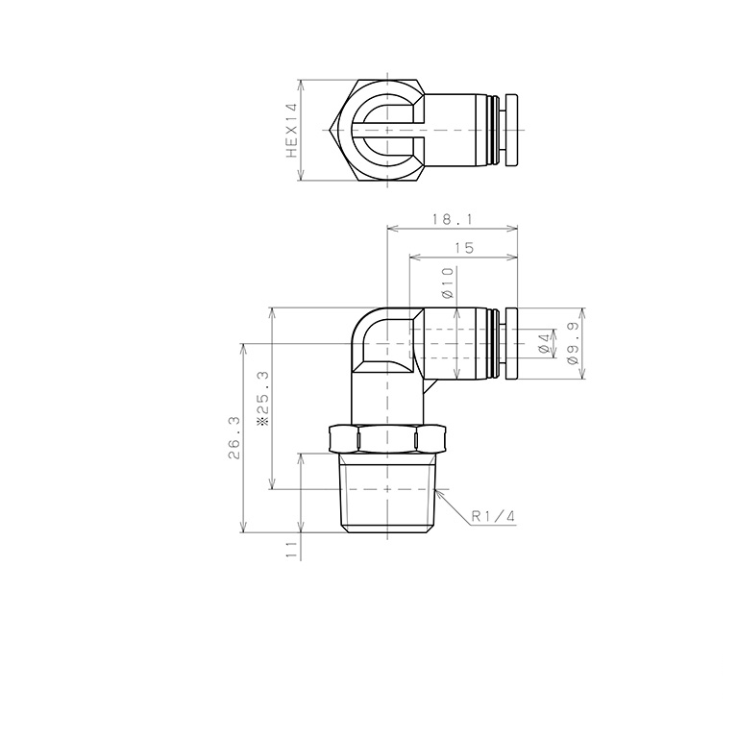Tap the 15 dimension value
(463, 248)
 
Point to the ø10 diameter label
(448, 284)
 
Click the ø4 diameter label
(544, 343)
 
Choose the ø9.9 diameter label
(574, 343)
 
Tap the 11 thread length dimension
(290, 548)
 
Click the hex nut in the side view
(385, 439)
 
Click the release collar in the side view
(511, 343)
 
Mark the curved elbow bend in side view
(370, 332)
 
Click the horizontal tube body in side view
(456, 343)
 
